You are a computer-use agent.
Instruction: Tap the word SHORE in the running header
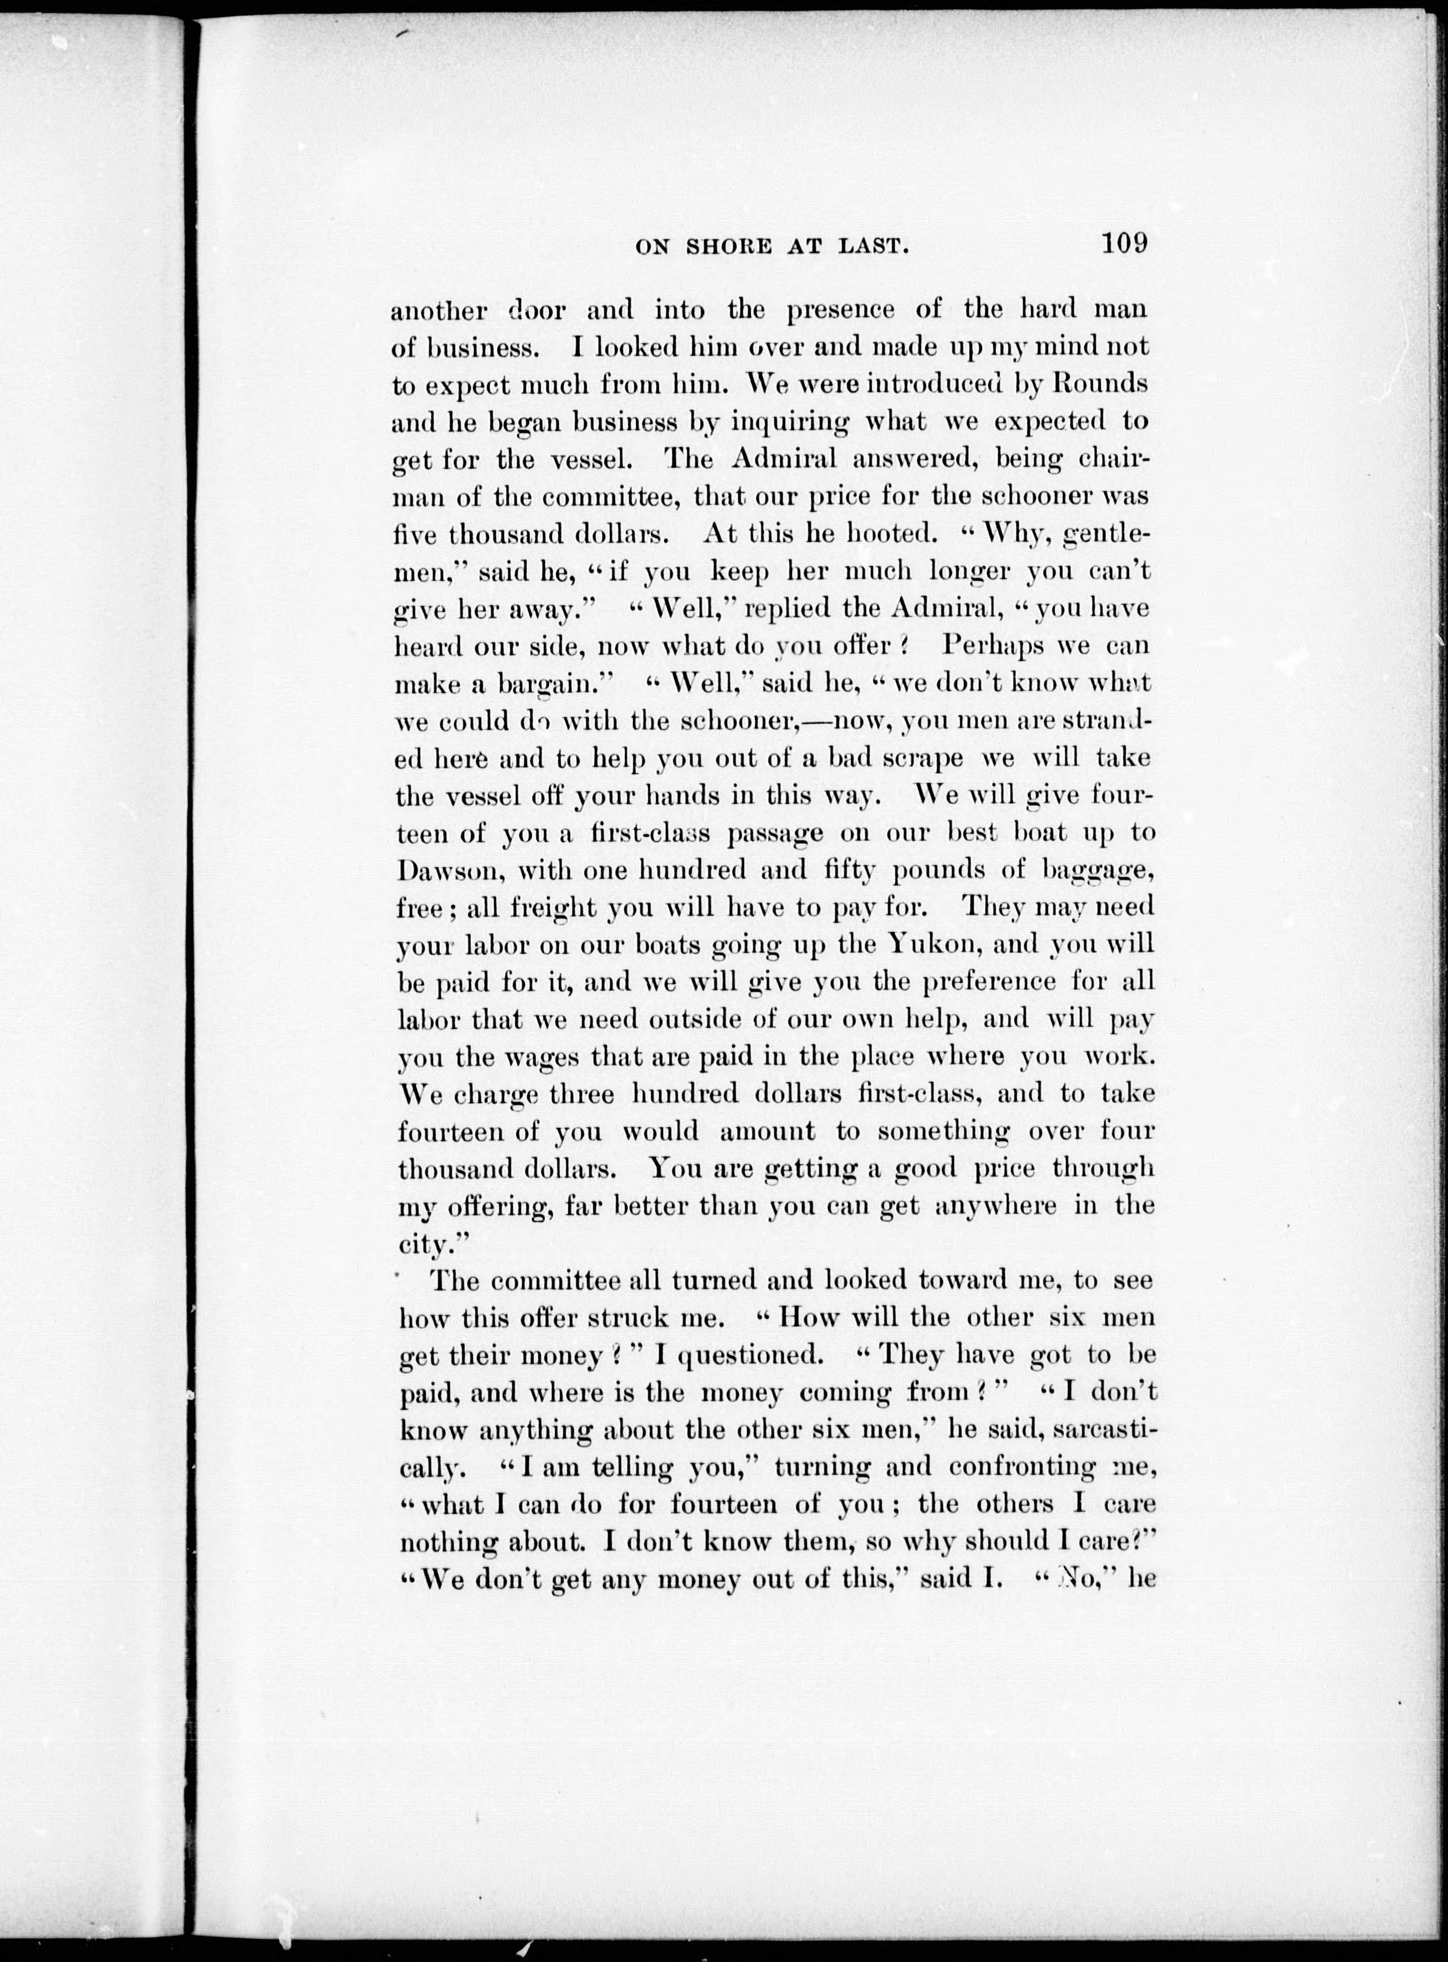(733, 248)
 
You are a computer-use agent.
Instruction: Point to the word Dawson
(450, 871)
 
